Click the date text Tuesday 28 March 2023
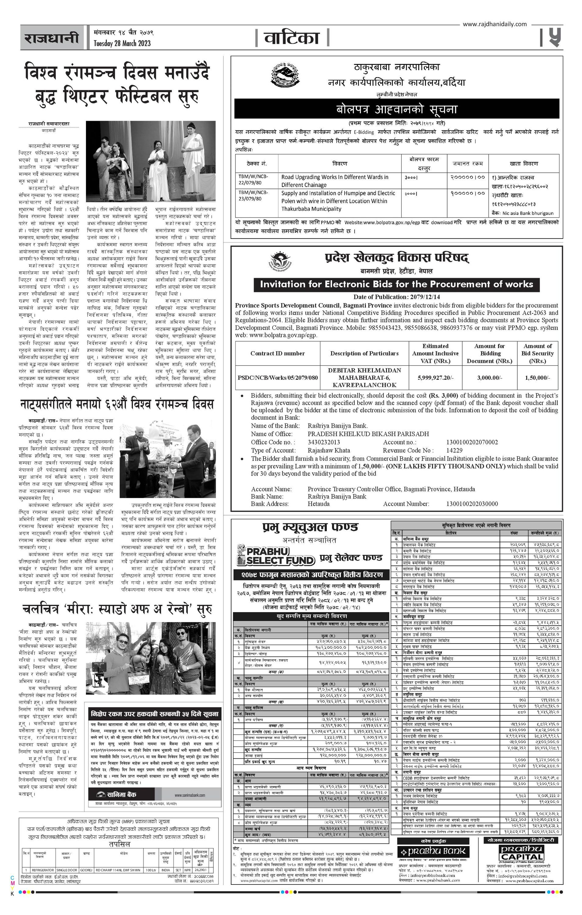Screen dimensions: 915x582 (122, 43)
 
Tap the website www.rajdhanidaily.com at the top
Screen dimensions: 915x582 (494, 24)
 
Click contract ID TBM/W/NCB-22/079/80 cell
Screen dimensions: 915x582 (253, 181)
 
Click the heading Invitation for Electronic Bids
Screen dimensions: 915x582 (396, 284)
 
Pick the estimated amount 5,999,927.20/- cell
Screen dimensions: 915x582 (435, 378)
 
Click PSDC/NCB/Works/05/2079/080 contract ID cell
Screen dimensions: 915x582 (277, 378)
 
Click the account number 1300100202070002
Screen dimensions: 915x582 (472, 442)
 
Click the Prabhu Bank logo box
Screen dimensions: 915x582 (433, 851)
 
